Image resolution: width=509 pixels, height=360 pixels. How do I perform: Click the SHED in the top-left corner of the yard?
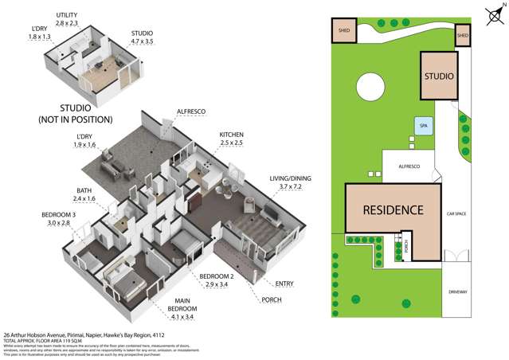click(x=344, y=30)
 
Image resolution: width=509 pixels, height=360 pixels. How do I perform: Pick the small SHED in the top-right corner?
click(x=463, y=35)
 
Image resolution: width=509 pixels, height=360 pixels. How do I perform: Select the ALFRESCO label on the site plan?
click(x=406, y=166)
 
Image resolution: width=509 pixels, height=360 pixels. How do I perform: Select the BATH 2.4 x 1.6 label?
click(x=80, y=194)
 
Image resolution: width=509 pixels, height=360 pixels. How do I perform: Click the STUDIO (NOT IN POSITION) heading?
click(x=76, y=113)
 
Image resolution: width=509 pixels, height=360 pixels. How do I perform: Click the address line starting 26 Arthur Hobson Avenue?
click(x=88, y=335)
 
